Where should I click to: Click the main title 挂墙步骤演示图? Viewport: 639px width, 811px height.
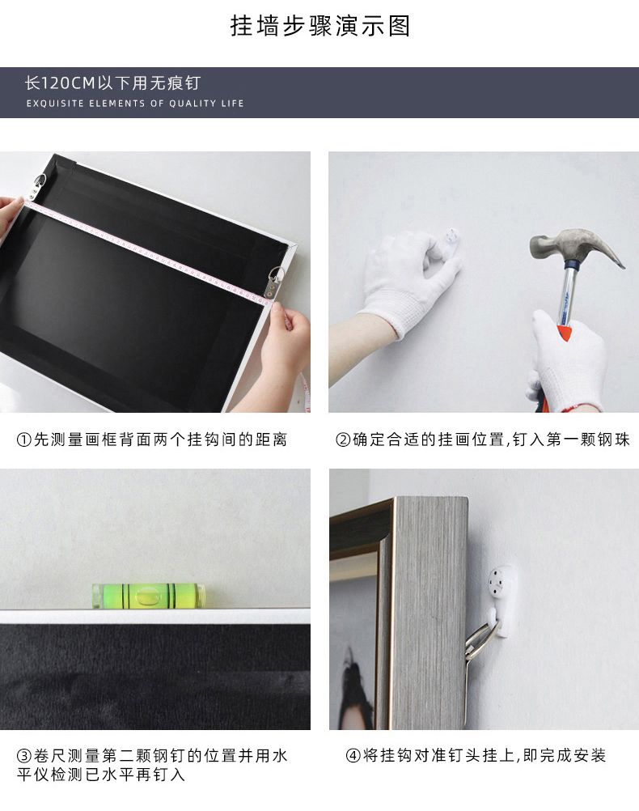(320, 26)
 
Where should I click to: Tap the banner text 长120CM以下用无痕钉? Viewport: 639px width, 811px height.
(112, 83)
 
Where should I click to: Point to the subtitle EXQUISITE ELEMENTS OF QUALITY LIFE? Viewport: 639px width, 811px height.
(135, 104)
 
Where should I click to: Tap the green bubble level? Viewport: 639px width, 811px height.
(148, 596)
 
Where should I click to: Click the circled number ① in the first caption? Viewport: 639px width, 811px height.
(24, 440)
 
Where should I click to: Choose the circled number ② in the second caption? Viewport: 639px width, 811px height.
(343, 440)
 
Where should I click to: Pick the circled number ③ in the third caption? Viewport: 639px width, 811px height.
(24, 756)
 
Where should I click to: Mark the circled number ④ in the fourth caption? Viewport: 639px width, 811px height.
(353, 756)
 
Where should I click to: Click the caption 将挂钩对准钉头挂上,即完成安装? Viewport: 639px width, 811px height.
(484, 756)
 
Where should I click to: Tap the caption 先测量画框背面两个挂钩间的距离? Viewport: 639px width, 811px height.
(160, 440)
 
